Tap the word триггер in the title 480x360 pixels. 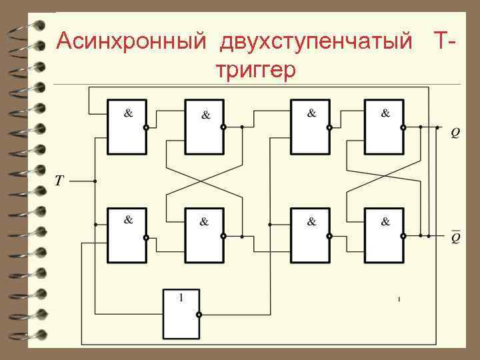255,70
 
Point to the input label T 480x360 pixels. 59,181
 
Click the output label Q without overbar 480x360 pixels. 455,133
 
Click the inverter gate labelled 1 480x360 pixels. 181,314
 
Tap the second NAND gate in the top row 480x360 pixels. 204,127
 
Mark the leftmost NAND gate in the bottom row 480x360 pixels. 127,235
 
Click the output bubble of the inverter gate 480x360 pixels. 199,314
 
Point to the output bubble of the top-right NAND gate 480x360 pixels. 403,127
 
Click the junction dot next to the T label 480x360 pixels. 96,181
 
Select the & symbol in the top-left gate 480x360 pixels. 128,113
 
